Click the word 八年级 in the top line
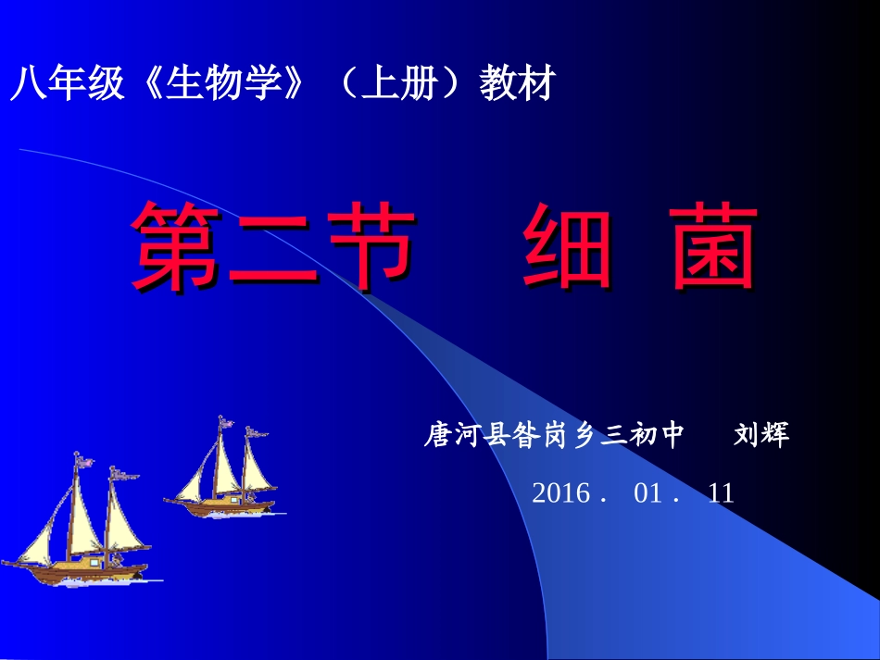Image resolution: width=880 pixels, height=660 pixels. [66, 85]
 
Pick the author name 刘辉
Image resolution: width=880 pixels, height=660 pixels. [761, 435]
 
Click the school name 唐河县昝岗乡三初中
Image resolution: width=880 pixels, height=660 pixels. [554, 435]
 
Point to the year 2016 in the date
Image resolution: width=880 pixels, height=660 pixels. [560, 493]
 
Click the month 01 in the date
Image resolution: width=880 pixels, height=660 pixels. [648, 493]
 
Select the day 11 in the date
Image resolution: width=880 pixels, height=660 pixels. [720, 493]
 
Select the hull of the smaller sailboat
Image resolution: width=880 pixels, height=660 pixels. [222, 507]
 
